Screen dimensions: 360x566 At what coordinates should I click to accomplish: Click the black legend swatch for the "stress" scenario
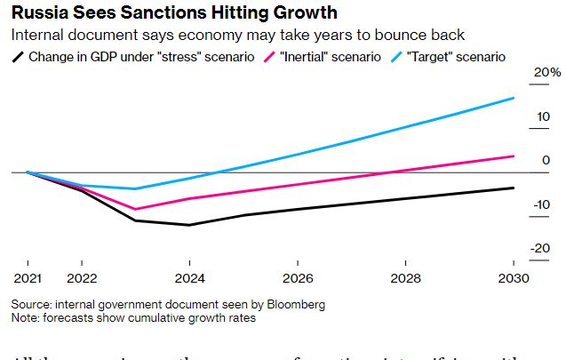click(18, 57)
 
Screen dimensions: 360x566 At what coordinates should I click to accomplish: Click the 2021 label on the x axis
click(28, 277)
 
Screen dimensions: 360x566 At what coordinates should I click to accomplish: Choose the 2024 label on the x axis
click(189, 277)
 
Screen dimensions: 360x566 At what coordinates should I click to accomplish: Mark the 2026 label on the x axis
click(298, 277)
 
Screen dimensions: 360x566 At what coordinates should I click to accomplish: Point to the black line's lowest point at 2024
click(189, 225)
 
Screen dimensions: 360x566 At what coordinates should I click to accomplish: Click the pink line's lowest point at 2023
click(135, 210)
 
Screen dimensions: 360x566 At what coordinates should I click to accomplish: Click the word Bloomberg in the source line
click(295, 304)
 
